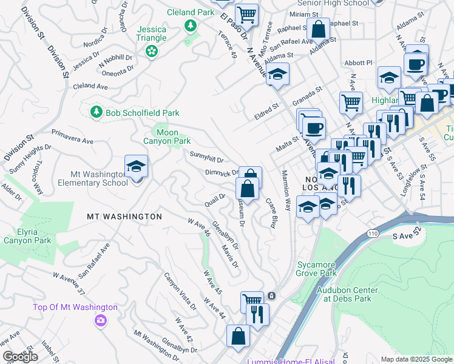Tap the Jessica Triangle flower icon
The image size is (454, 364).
[151, 53]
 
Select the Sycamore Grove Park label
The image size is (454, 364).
[316, 269]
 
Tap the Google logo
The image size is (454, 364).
[19, 357]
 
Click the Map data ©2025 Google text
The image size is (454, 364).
[416, 359]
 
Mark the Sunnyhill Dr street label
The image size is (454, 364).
[207, 158]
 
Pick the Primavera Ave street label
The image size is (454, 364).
[72, 136]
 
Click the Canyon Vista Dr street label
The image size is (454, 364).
[180, 291]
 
